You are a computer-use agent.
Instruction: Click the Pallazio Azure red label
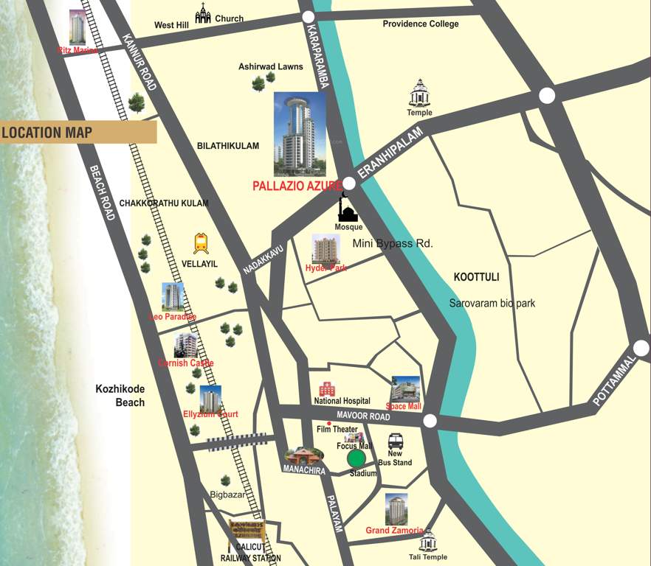[x=297, y=186]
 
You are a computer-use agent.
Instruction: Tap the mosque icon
[x=348, y=209]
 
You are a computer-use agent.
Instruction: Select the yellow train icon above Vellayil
[x=201, y=243]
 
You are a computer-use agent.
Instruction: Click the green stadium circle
[x=356, y=458]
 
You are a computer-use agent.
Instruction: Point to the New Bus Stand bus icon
[x=396, y=441]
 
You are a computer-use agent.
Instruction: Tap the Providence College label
[x=420, y=24]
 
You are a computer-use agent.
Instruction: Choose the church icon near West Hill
[x=202, y=13]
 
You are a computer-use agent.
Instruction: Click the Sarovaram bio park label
[x=492, y=303]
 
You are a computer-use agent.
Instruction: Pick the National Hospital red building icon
[x=326, y=389]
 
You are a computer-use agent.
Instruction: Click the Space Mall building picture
[x=405, y=389]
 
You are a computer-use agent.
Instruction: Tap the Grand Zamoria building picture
[x=396, y=509]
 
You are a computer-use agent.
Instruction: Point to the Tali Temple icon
[x=428, y=541]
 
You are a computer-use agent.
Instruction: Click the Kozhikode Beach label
[x=120, y=396]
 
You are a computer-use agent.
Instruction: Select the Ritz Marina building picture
[x=77, y=27]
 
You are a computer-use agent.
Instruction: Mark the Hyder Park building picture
[x=325, y=249]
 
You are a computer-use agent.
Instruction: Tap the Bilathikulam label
[x=228, y=146]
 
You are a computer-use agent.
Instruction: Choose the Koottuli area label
[x=477, y=277]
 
